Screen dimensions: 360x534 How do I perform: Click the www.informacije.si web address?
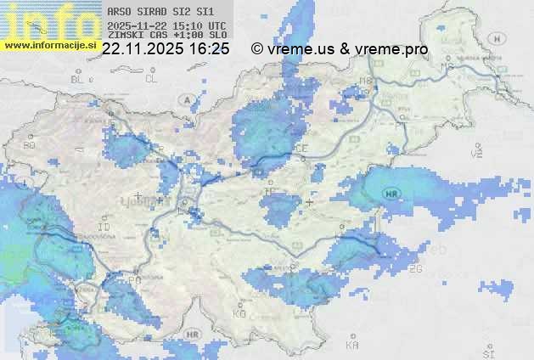pos(51,45)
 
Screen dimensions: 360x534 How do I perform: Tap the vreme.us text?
pos(301,50)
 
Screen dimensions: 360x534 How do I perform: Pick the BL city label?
pos(78,79)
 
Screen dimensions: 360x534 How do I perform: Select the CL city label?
pos(151,79)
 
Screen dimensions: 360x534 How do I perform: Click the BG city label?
pos(30,145)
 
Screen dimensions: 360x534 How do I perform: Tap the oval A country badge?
pos(185,99)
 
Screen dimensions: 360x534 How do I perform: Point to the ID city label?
pos(104,228)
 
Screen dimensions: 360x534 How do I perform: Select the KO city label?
pos(239,313)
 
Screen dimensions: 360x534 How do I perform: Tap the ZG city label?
pos(415,269)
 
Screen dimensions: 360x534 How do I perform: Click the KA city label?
pos(352,345)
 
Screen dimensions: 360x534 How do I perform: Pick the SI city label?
pos(487,351)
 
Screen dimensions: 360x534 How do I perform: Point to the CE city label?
pos(301,149)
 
